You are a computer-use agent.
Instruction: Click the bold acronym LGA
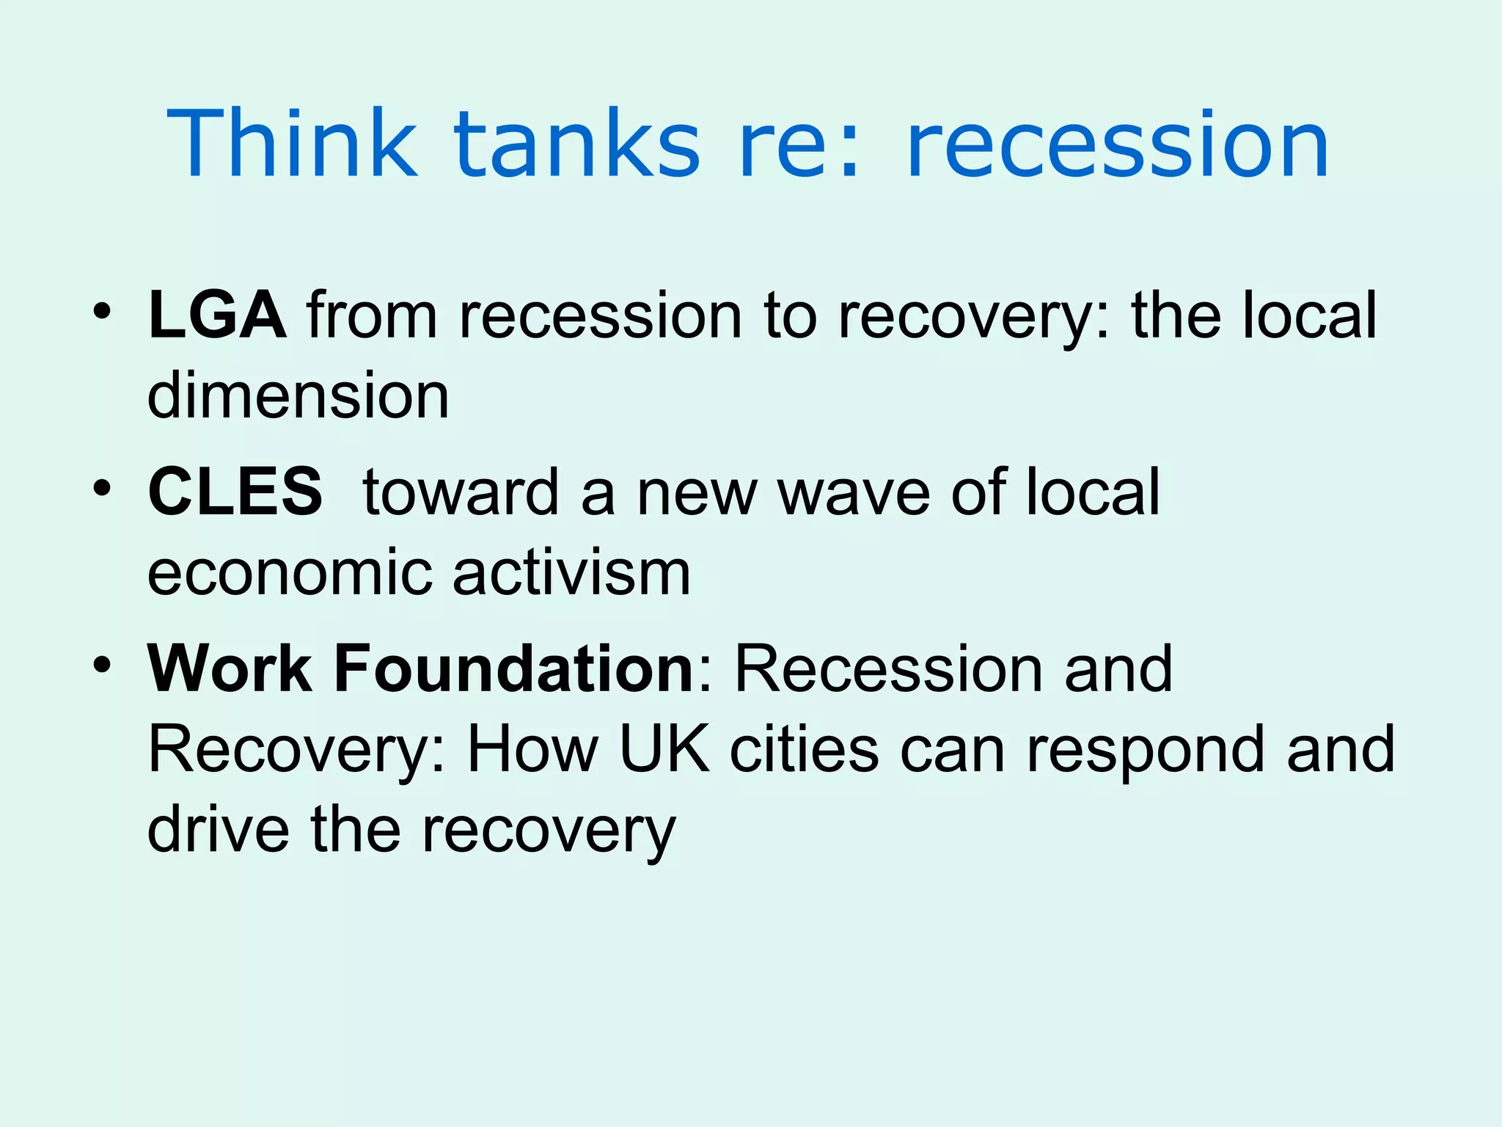(217, 316)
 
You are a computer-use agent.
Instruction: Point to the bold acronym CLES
(235, 492)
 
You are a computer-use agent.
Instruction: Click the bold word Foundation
(513, 668)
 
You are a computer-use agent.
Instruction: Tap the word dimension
(298, 396)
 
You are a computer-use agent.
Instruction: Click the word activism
(571, 572)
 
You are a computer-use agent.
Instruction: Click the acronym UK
(664, 749)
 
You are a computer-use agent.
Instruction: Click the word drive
(219, 829)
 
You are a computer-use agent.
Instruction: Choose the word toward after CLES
(461, 492)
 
